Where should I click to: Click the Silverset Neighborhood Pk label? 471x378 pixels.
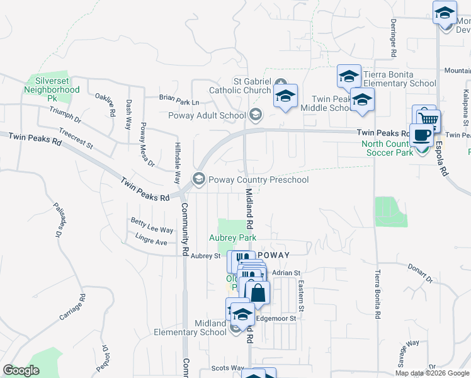coord(52,89)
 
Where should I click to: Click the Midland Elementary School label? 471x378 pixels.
coord(190,328)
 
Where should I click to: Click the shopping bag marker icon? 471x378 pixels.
coord(258,292)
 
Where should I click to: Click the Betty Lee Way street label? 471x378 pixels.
coord(152,226)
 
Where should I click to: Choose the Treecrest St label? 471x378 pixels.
coord(76,139)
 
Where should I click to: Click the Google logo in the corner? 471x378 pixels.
coord(21,370)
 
